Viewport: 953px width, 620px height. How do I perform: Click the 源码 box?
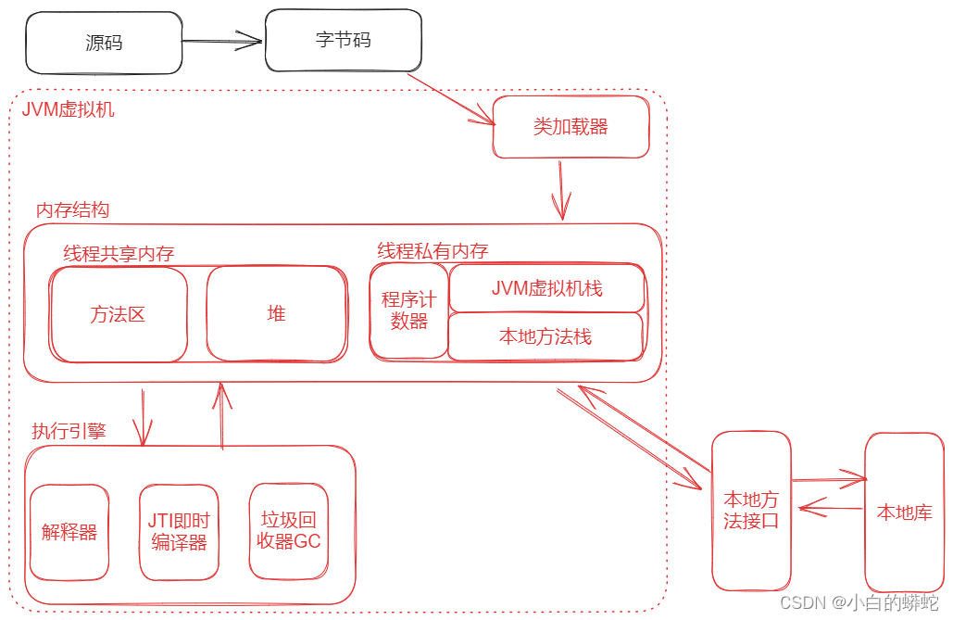[104, 43]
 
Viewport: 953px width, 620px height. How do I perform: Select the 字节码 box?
[344, 41]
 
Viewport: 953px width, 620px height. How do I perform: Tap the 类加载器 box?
[571, 127]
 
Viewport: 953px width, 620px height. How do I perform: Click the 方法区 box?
[119, 314]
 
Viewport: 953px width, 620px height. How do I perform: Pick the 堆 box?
[277, 314]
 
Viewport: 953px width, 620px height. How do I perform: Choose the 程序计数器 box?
[408, 311]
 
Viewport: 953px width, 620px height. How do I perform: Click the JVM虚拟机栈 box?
[546, 288]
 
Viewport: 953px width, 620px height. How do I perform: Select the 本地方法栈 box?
[545, 336]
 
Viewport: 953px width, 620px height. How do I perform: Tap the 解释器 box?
[69, 532]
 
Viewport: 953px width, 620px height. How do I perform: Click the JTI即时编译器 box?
[179, 532]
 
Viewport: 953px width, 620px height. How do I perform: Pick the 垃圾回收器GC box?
[289, 531]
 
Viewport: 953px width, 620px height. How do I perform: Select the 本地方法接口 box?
[751, 511]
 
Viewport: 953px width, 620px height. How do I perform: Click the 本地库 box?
[904, 512]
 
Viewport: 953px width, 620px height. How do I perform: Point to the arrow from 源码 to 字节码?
[223, 41]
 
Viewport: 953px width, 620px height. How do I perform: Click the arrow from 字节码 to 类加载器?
[452, 98]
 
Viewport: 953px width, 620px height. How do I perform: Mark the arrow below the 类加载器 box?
[560, 191]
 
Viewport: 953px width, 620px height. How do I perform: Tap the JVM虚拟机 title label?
[69, 109]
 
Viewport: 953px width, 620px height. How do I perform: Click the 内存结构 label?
[72, 210]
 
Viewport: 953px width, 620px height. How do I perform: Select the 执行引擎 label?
[69, 431]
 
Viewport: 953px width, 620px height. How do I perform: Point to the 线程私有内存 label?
[433, 251]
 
